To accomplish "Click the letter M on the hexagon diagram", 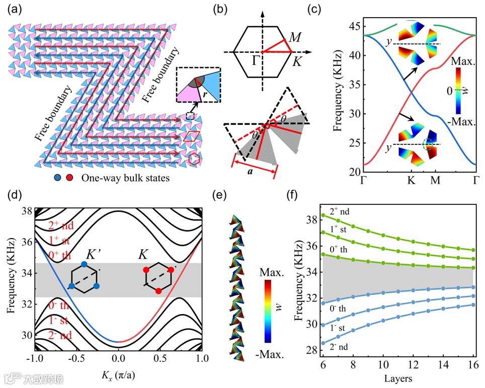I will [296, 37].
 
